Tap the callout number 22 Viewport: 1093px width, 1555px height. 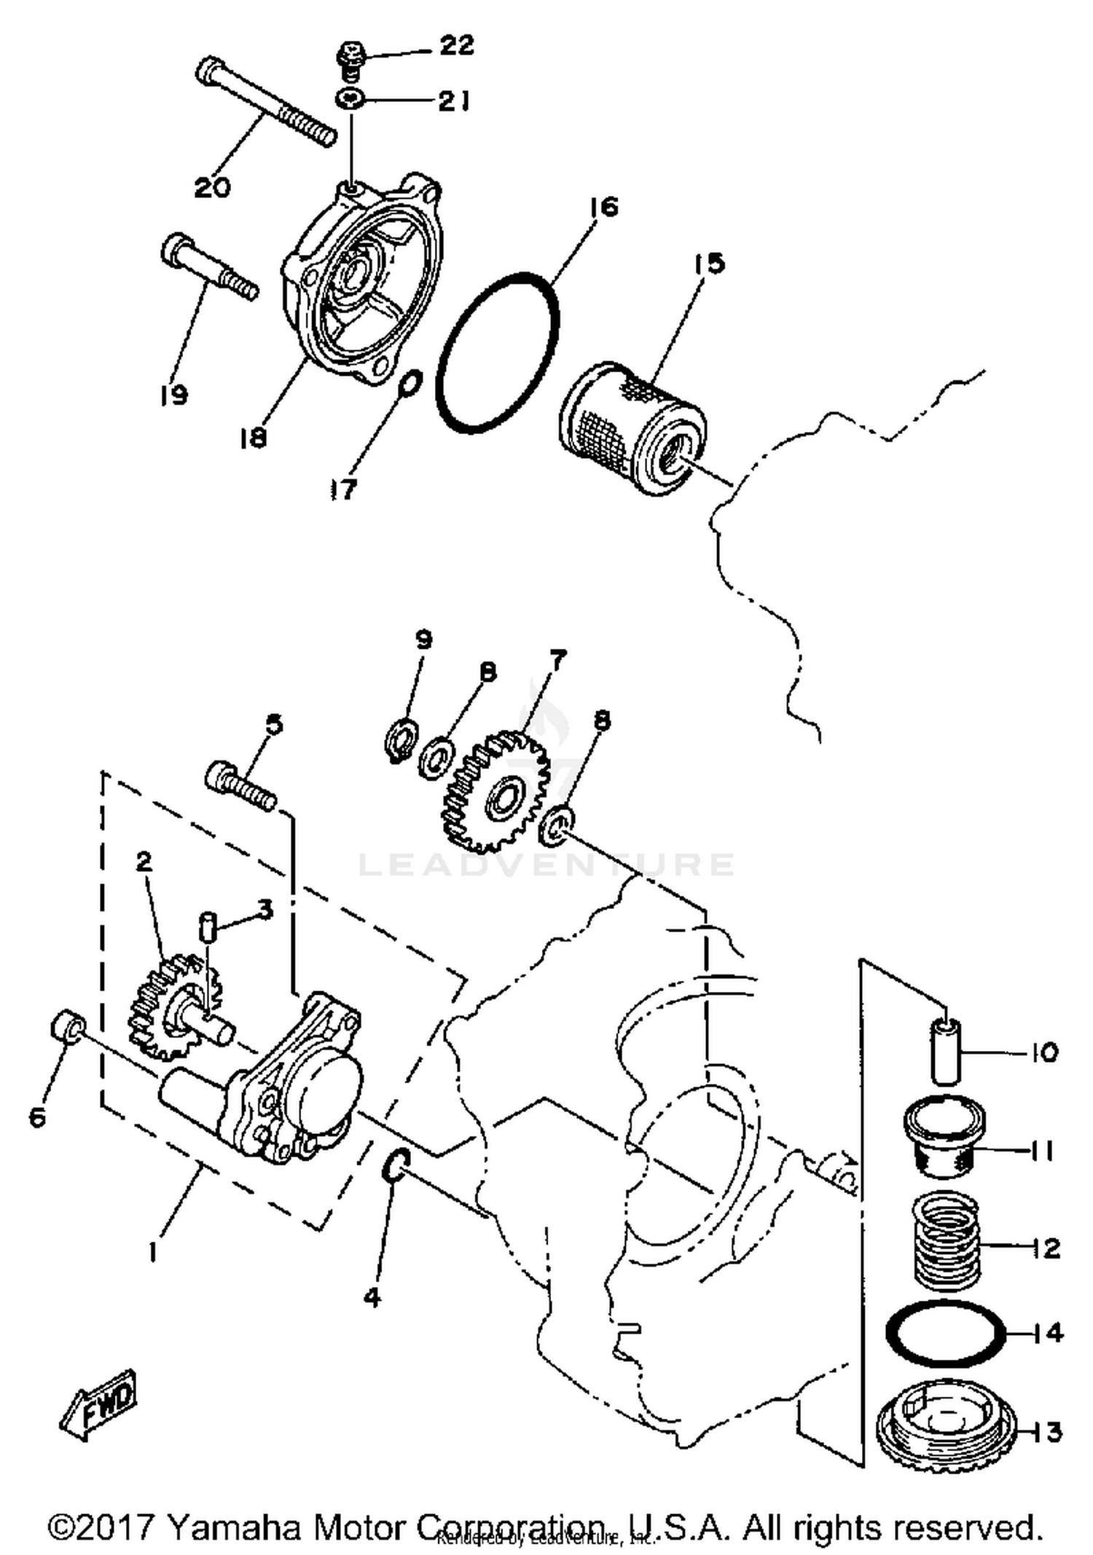coord(456,45)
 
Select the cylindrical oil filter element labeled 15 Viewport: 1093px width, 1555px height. coord(632,429)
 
